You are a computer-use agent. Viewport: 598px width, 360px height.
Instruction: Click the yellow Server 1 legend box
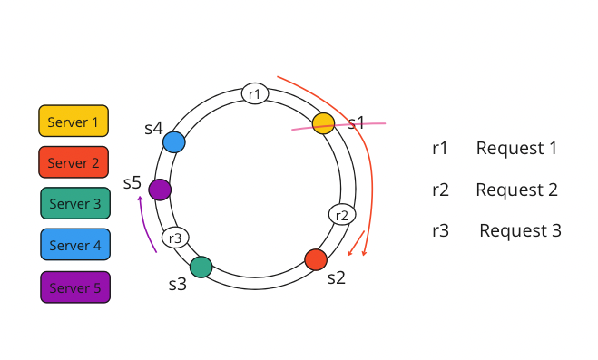(74, 121)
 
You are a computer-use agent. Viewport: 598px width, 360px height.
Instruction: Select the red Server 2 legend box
(74, 162)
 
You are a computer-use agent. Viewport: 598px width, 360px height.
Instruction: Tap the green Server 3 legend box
(75, 204)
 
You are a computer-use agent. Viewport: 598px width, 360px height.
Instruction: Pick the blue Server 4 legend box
(75, 245)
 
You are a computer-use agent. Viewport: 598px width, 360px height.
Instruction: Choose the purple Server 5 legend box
(75, 287)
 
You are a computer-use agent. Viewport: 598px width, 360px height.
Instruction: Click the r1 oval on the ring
(255, 93)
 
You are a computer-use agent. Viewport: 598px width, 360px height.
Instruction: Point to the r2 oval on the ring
(342, 215)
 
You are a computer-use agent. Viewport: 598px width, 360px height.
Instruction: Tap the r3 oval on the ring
(176, 238)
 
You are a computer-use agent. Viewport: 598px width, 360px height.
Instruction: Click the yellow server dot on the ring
(324, 123)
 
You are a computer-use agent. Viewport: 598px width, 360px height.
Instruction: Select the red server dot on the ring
(316, 259)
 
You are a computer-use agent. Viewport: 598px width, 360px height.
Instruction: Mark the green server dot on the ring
(201, 267)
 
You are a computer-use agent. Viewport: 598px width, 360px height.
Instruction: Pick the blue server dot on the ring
(174, 142)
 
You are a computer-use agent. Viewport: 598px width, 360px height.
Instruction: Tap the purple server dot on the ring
(160, 190)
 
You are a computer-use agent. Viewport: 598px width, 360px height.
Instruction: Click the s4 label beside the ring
(153, 129)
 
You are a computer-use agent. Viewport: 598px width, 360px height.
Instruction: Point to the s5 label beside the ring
(132, 182)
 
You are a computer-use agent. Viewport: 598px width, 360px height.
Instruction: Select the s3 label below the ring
(177, 284)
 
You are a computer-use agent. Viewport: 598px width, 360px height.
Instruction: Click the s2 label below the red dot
(336, 277)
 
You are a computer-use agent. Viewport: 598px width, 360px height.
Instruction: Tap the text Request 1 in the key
(516, 148)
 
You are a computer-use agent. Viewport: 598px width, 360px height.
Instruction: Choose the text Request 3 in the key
(520, 230)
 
